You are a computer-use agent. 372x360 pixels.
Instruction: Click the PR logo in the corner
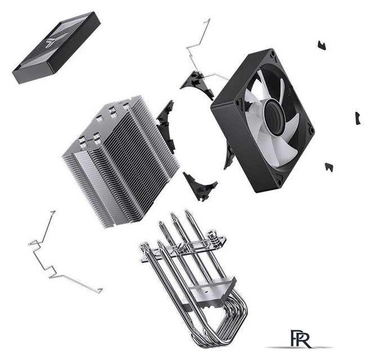click(300, 339)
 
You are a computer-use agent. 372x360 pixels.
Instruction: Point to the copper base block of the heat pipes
click(211, 292)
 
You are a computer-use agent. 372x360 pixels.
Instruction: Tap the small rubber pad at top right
click(322, 45)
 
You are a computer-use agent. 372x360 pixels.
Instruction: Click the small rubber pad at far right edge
click(358, 118)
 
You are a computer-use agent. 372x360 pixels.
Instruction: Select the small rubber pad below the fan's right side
click(329, 167)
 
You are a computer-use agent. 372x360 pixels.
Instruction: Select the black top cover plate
click(56, 47)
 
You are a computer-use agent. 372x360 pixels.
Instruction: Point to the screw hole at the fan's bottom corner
click(279, 182)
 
